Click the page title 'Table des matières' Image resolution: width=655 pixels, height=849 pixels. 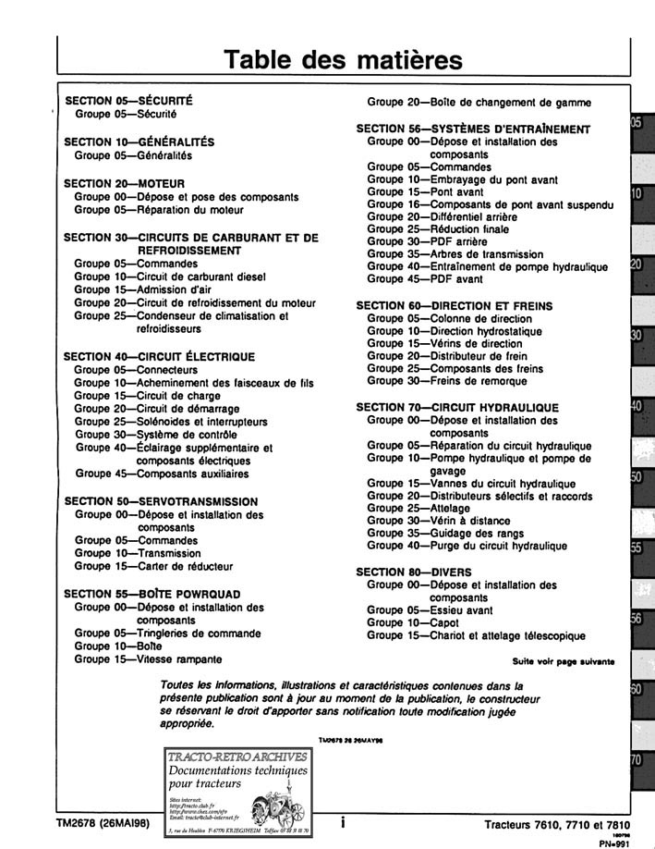click(x=344, y=58)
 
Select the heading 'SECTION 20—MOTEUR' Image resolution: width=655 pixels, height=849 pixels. click(x=124, y=183)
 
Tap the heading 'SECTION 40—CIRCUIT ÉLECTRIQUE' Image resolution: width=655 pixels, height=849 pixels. click(x=159, y=356)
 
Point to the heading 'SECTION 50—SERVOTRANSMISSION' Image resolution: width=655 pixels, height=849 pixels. click(x=161, y=501)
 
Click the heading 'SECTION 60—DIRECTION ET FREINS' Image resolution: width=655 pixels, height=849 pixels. click(x=454, y=305)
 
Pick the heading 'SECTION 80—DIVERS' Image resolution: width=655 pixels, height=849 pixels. click(x=414, y=572)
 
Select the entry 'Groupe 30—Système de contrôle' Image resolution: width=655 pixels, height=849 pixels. click(x=158, y=434)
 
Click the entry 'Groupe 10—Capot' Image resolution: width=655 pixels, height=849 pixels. click(x=413, y=622)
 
